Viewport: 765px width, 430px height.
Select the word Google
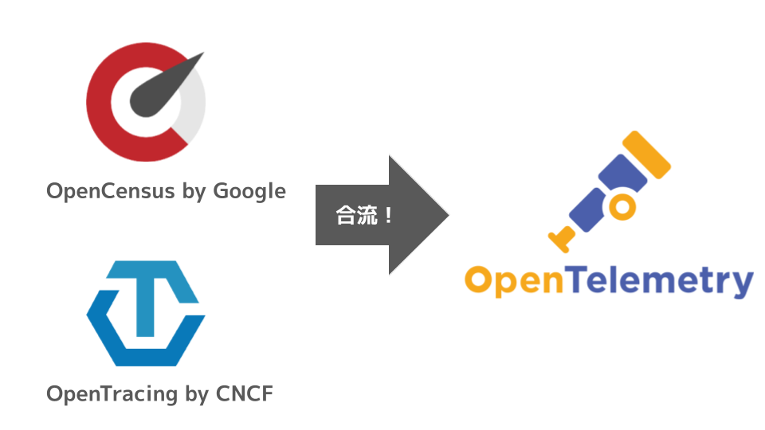(x=249, y=192)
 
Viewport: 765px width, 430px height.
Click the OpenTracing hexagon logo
(x=146, y=313)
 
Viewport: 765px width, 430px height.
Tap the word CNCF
(x=244, y=393)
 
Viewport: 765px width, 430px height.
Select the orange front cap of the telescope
(x=646, y=156)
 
